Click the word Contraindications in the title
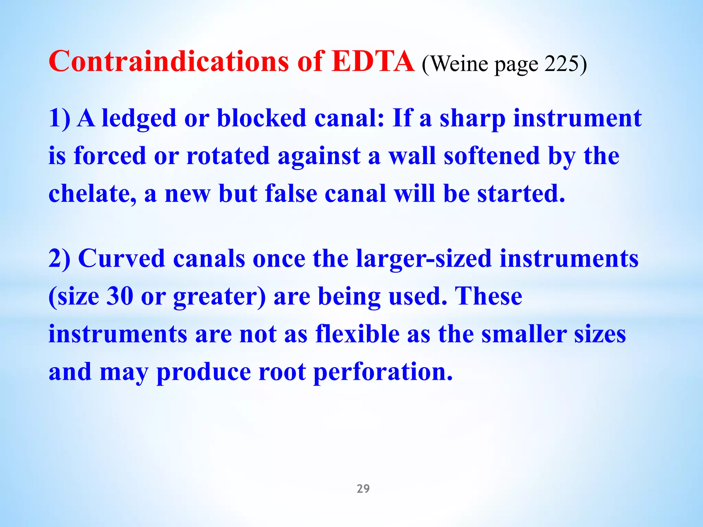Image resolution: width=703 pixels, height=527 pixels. tap(169, 62)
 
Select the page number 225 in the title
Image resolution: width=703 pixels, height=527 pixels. tap(561, 64)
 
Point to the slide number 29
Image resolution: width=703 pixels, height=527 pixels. tap(363, 488)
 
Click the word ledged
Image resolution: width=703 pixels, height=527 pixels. tap(139, 119)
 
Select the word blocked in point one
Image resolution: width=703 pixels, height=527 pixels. tap(262, 119)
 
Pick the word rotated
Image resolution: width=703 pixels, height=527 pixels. tap(228, 156)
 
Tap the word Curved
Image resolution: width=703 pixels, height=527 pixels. tap(122, 259)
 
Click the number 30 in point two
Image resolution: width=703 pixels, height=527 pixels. tap(120, 296)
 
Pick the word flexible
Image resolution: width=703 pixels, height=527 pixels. tap(357, 334)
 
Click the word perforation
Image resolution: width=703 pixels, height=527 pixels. tap(383, 372)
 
